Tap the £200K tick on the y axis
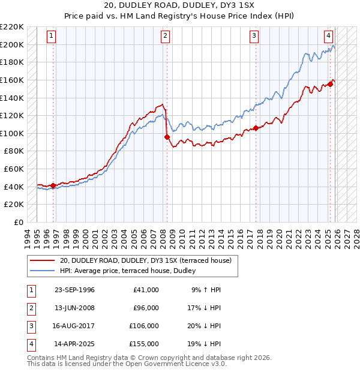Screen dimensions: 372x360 coord(13,44)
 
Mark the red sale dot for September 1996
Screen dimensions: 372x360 coord(53,186)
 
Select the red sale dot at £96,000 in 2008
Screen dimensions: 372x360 coord(167,137)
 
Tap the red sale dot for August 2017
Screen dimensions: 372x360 coord(256,128)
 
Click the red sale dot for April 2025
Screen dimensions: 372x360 coord(330,84)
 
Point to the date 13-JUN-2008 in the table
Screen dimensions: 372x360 coord(74,308)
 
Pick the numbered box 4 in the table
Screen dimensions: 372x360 coord(30,344)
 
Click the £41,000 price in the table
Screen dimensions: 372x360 coord(145,290)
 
